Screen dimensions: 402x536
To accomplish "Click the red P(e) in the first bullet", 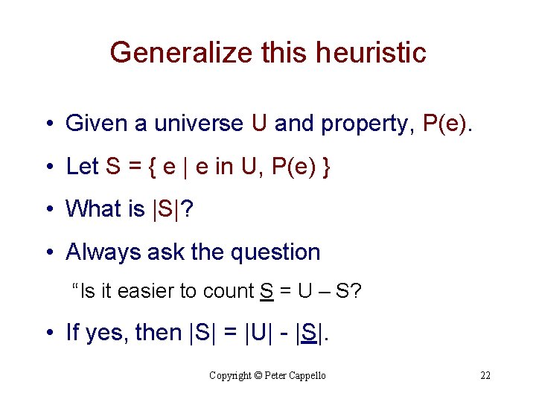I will pyautogui.click(x=446, y=123).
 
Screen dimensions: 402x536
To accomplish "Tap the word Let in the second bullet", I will pyautogui.click(x=82, y=166).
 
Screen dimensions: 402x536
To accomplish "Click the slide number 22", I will pyautogui.click(x=485, y=376).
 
